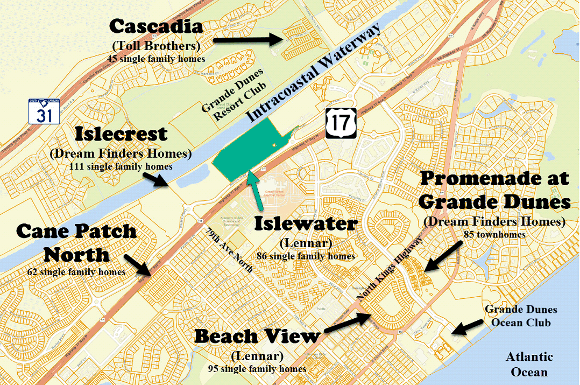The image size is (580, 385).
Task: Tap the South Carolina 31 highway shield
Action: [x=44, y=111]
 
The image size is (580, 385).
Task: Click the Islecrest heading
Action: [x=121, y=134]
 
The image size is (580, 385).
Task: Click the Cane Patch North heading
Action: [x=76, y=242]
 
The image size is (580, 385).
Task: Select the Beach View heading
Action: [x=257, y=337]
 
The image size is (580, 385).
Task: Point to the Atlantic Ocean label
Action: [x=529, y=364]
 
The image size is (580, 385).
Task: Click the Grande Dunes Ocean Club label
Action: [x=521, y=316]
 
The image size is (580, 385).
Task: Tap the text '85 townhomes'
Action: [x=494, y=235]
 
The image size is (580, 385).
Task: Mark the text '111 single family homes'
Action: [x=121, y=167]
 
